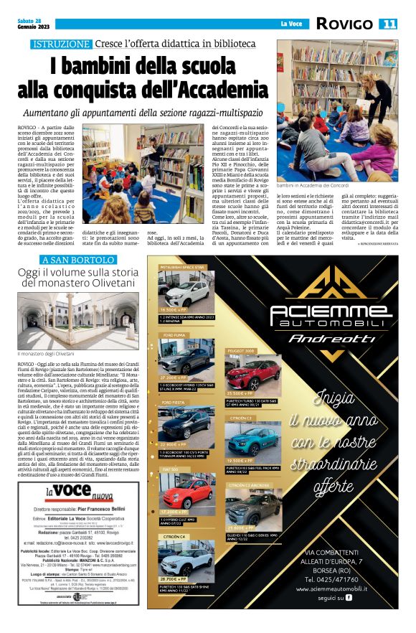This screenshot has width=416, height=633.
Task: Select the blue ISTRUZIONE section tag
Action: pyautogui.click(x=61, y=44)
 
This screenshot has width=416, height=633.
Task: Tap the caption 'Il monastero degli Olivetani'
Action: pyautogui.click(x=46, y=354)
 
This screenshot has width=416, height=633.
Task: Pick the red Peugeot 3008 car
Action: pyautogui.click(x=244, y=373)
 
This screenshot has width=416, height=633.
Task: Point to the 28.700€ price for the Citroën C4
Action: pyautogui.click(x=174, y=578)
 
